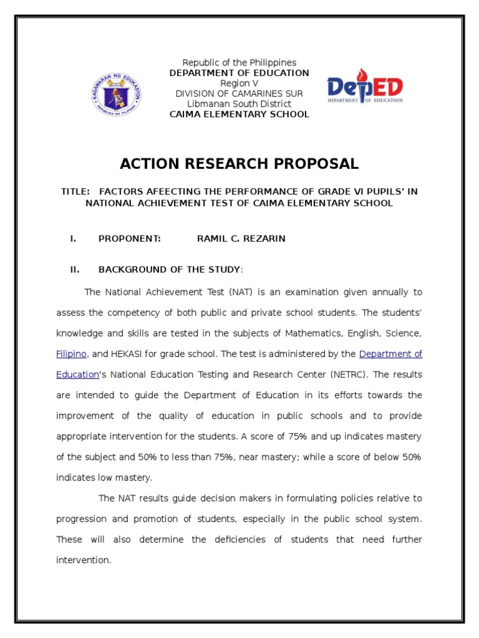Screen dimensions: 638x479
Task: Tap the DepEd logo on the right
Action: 365,87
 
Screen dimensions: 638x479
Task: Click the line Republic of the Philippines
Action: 239,63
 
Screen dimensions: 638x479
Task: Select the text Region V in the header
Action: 239,83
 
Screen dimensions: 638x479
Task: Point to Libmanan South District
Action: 239,103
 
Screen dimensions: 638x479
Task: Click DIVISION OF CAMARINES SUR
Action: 239,93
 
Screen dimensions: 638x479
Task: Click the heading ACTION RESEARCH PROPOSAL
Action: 239,164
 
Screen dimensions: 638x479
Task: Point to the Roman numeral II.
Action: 73,269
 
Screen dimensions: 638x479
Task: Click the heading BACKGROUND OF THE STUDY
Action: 169,269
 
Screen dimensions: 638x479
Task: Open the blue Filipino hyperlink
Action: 71,354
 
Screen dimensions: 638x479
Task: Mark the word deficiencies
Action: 239,540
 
